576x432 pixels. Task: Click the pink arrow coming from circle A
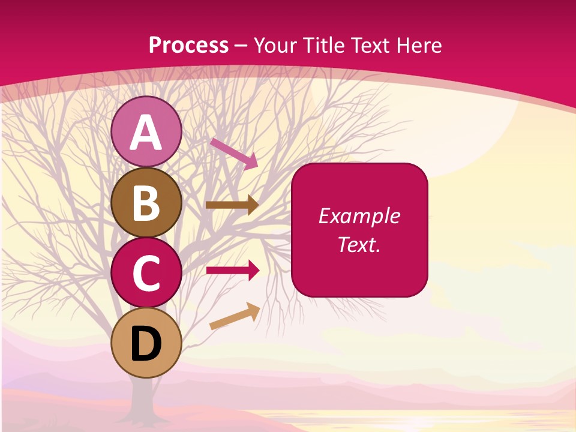click(x=234, y=153)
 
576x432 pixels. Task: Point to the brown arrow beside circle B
click(x=232, y=205)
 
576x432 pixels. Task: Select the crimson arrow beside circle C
click(x=232, y=271)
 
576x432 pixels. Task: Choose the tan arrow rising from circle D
click(x=235, y=316)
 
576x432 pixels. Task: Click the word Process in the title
click(x=188, y=45)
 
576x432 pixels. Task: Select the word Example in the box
click(x=359, y=216)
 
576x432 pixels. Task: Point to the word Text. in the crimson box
click(x=359, y=244)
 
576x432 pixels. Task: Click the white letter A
click(x=146, y=133)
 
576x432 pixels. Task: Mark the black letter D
click(x=146, y=344)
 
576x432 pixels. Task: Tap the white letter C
click(x=146, y=274)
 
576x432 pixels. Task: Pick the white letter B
click(x=146, y=203)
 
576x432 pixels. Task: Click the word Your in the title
click(x=275, y=45)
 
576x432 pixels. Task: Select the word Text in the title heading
click(x=368, y=45)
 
